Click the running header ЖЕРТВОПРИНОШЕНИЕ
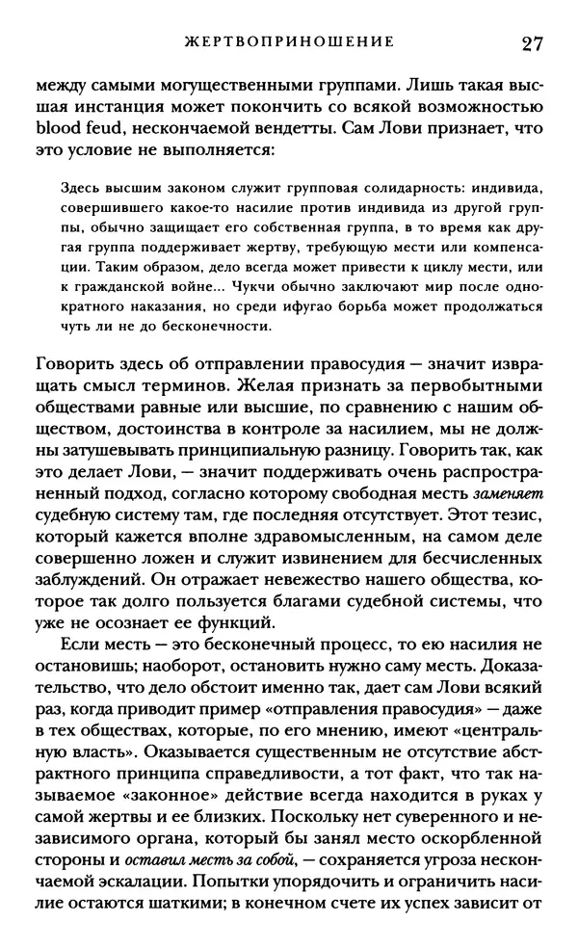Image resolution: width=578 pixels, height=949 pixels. (290, 43)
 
